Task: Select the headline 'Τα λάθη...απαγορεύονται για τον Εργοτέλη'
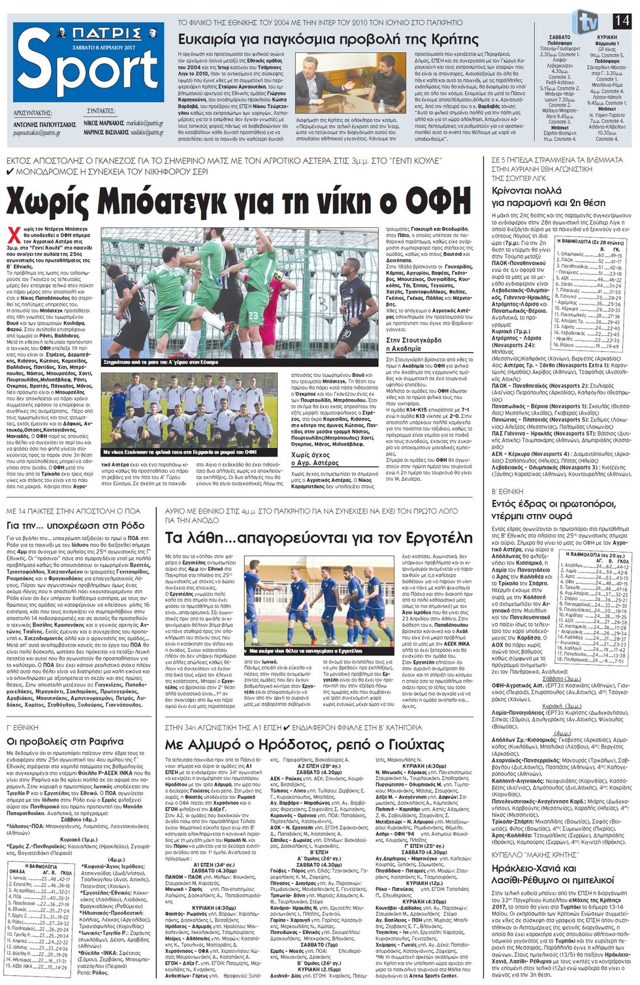[318, 538]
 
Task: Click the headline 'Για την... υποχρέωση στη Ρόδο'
[75, 525]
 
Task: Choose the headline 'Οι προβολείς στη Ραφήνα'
[65, 741]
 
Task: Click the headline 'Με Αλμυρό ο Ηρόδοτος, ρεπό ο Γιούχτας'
[304, 745]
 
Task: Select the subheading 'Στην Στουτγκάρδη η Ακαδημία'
[413, 344]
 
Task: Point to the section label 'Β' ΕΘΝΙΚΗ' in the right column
[508, 491]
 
